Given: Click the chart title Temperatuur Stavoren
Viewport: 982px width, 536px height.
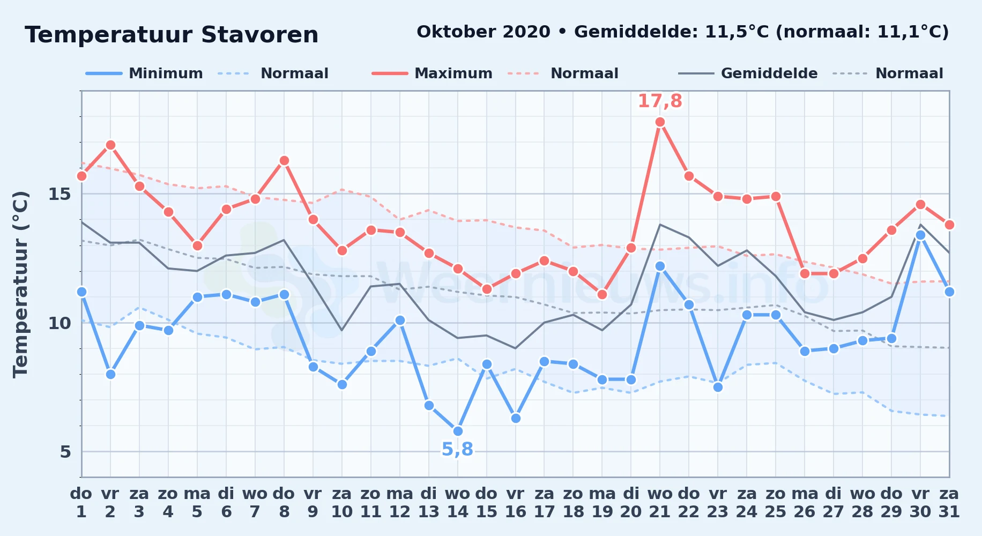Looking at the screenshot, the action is (x=172, y=35).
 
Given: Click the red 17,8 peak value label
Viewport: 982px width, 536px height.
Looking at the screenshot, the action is (x=660, y=101).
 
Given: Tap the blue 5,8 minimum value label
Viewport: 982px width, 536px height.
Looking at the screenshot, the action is (x=457, y=449).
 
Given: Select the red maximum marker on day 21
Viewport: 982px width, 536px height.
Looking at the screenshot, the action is (x=660, y=122).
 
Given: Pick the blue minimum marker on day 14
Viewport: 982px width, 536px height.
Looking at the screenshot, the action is (x=458, y=431).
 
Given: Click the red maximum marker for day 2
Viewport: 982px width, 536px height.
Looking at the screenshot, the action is (x=110, y=145).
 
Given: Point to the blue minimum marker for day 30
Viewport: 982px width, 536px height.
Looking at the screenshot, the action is (x=920, y=235).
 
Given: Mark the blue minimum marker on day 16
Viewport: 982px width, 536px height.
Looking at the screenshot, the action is (x=516, y=418).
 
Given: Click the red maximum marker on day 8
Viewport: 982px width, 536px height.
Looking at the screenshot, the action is (x=284, y=160).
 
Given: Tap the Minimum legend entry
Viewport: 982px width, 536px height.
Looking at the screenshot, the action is (x=144, y=73).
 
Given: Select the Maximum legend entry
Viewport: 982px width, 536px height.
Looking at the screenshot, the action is (x=432, y=73).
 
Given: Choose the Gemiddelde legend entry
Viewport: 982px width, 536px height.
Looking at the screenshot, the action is (x=748, y=73).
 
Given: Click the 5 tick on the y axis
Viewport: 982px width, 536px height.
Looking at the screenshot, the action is (x=65, y=452).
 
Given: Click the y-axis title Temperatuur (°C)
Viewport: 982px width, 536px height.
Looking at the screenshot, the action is (x=20, y=284).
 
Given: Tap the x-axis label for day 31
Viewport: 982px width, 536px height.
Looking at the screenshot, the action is (x=949, y=502).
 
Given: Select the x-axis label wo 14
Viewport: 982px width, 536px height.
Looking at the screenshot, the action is (x=458, y=502).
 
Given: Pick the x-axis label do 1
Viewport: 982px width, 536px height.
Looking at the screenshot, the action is (x=81, y=502).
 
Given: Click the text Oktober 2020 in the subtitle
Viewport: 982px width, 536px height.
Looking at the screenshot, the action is (x=483, y=32).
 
